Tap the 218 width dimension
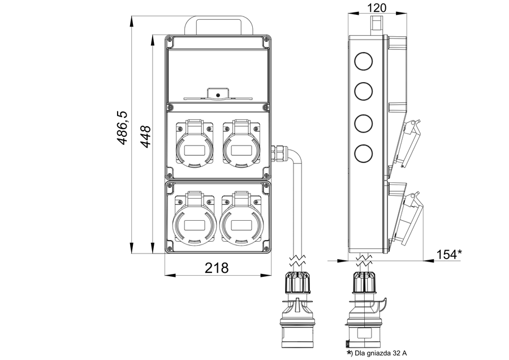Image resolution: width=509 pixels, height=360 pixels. coord(217,268)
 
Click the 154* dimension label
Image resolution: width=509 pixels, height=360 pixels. coord(449,255)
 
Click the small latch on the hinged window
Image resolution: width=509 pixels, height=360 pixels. coord(217,94)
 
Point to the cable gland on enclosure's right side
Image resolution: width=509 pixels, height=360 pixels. coord(278,152)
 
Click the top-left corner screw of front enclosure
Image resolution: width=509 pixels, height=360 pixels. coord(169,40)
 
